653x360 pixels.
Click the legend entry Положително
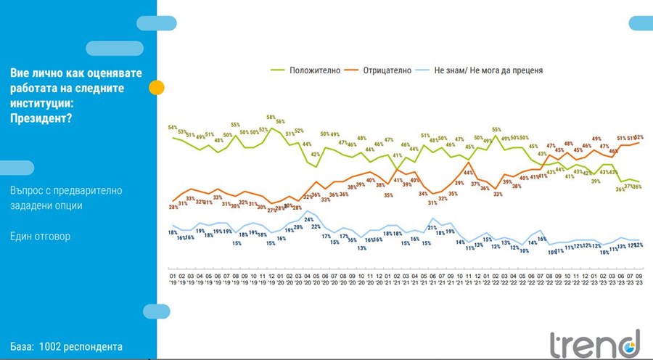pos(310,70)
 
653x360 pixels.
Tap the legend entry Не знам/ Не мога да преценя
pos(488,70)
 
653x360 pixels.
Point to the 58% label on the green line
pos(271,117)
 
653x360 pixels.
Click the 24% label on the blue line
pos(308,220)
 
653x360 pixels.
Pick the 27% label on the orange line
pos(271,210)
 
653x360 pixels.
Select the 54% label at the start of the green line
pos(173,128)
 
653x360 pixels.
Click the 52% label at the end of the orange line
pos(639,136)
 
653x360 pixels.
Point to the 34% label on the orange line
pos(423,195)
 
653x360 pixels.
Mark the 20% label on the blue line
pos(298,227)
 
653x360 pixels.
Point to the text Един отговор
pos(41,236)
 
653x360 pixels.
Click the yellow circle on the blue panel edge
pos(156,88)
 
